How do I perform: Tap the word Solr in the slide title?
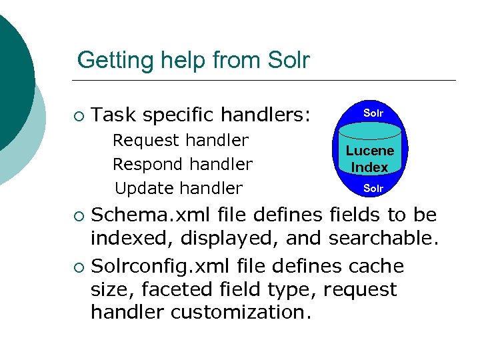tap(288, 61)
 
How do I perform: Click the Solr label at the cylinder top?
tap(373, 113)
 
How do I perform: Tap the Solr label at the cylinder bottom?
tap(373, 189)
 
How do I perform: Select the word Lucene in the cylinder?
tap(370, 151)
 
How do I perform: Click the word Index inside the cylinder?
tap(370, 167)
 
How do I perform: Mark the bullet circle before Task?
tap(79, 117)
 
